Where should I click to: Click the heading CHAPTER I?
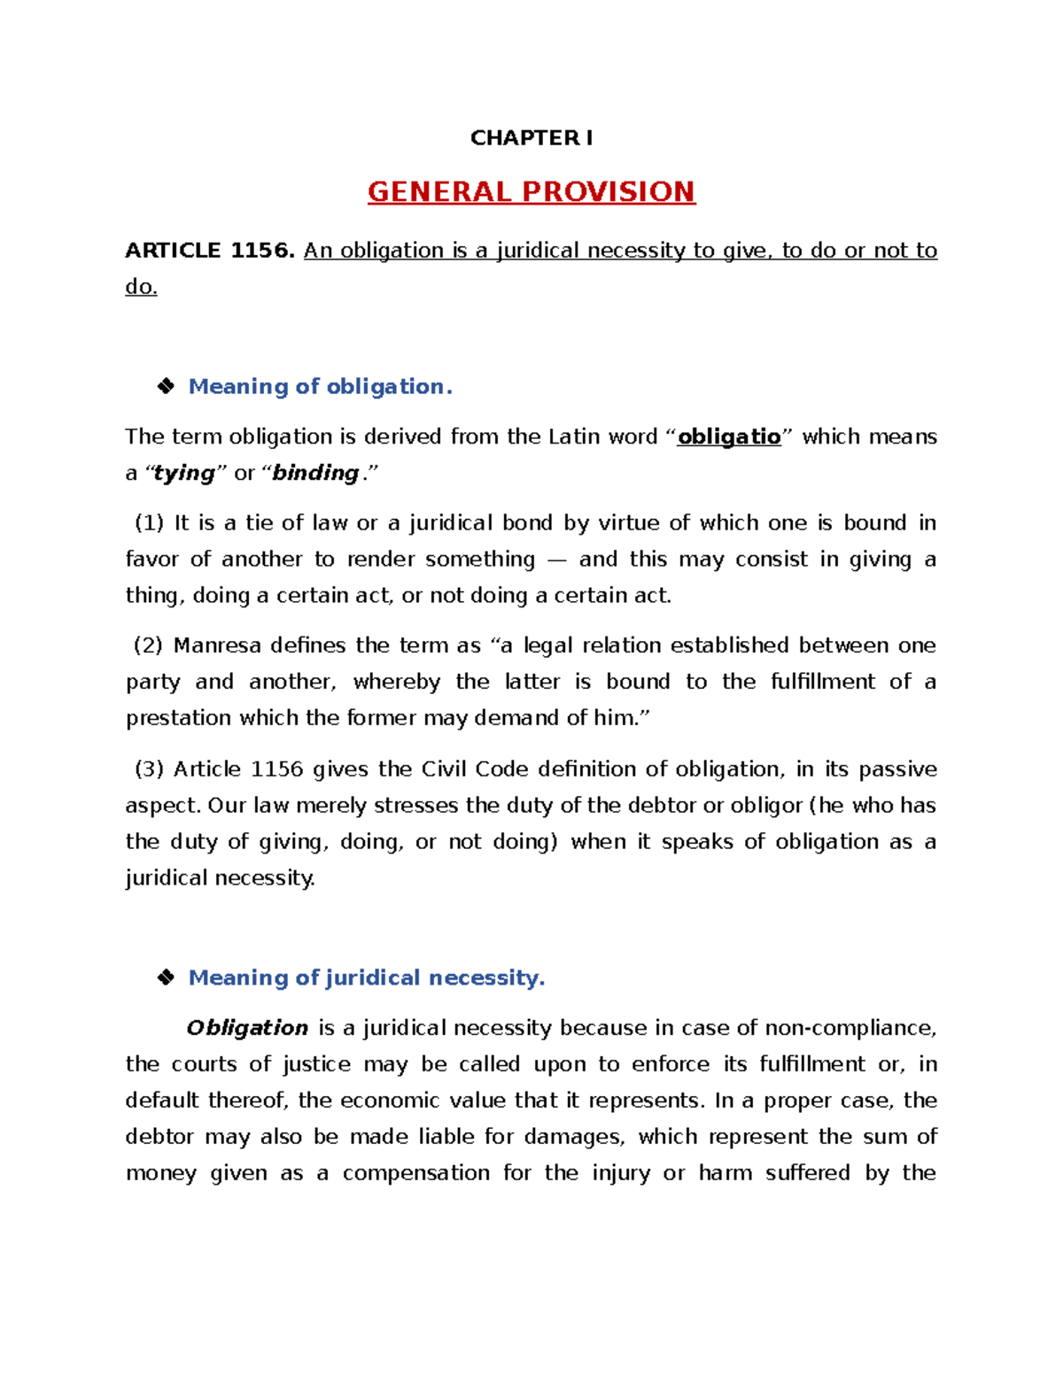coord(531,138)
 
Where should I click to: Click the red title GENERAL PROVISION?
coord(531,192)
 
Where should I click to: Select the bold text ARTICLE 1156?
coord(209,251)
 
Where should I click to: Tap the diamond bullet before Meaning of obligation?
coord(166,386)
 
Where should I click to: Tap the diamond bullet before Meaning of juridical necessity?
coord(166,977)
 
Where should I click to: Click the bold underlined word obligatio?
coord(729,436)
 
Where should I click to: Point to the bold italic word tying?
coord(184,473)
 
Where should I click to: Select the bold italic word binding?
coord(315,473)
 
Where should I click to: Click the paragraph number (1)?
coord(149,523)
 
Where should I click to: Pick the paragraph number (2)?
coord(148,645)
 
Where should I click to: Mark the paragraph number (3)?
coord(149,769)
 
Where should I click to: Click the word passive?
coord(897,769)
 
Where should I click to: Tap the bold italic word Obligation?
coord(247,1028)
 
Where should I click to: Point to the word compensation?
coord(416,1173)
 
